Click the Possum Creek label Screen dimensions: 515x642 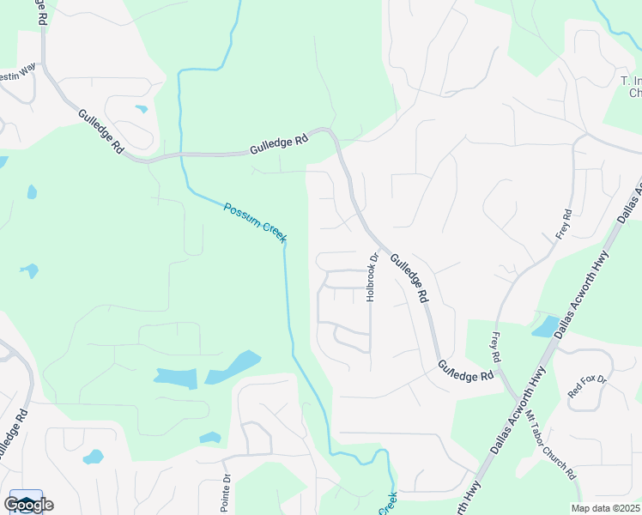tap(254, 222)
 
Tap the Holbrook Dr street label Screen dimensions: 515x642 tap(372, 276)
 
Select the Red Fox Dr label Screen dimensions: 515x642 tap(587, 385)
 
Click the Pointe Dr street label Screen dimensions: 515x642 tap(226, 493)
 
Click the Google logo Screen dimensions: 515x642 tap(27, 504)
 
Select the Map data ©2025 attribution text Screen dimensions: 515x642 tap(606, 508)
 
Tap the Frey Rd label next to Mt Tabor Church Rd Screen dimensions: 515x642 tap(495, 346)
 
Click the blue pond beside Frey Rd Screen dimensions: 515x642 tap(545, 326)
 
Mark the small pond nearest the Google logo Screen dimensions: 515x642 tap(93, 457)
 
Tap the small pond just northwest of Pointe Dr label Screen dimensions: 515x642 tap(210, 438)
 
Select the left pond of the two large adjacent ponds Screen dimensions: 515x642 tap(176, 377)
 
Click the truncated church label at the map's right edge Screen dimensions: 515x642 tap(632, 87)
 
